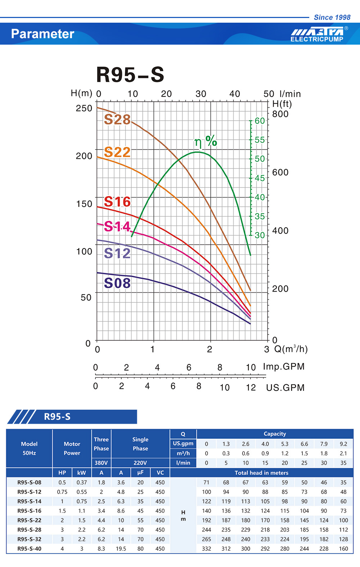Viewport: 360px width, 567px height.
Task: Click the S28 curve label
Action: click(117, 119)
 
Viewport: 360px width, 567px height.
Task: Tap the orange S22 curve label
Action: click(117, 152)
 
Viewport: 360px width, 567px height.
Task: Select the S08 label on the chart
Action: click(117, 283)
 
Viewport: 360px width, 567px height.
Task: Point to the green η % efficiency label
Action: click(206, 141)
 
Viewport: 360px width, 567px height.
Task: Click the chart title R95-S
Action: click(130, 75)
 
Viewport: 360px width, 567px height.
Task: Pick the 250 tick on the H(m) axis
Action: click(84, 108)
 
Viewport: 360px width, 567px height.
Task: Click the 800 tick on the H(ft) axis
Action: click(280, 114)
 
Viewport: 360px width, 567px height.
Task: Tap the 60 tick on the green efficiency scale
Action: click(260, 121)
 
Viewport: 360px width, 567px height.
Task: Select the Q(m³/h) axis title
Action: click(291, 349)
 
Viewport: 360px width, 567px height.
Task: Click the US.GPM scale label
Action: click(285, 388)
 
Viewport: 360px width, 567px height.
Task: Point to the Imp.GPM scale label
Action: click(284, 366)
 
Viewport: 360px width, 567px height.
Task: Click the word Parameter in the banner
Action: click(42, 34)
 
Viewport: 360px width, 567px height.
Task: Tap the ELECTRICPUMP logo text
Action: click(317, 39)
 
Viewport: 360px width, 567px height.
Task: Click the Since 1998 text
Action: click(332, 17)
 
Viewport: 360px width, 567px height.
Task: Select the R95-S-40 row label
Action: click(29, 549)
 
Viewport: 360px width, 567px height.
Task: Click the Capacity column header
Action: click(275, 434)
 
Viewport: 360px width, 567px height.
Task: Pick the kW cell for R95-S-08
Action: click(82, 482)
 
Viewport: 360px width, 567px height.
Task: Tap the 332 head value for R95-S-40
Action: click(206, 549)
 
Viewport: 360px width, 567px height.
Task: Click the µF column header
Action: click(140, 473)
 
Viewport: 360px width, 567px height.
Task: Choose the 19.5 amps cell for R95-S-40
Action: click(121, 549)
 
